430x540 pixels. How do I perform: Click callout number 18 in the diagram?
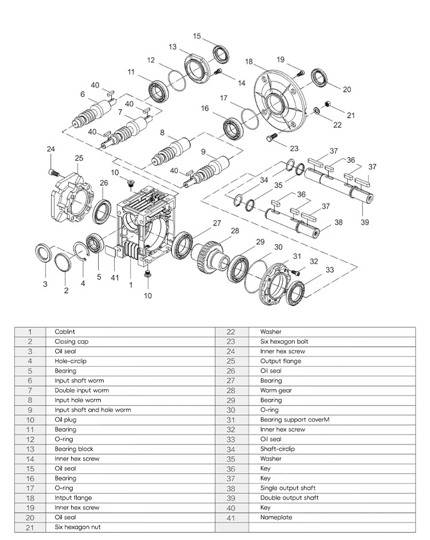click(x=249, y=61)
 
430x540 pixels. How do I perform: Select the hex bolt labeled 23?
click(x=271, y=138)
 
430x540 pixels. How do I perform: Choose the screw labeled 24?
click(x=53, y=171)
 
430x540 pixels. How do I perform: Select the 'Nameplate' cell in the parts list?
click(x=276, y=517)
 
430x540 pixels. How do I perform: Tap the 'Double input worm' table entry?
click(x=81, y=390)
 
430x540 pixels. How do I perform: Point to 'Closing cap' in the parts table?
click(x=72, y=341)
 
